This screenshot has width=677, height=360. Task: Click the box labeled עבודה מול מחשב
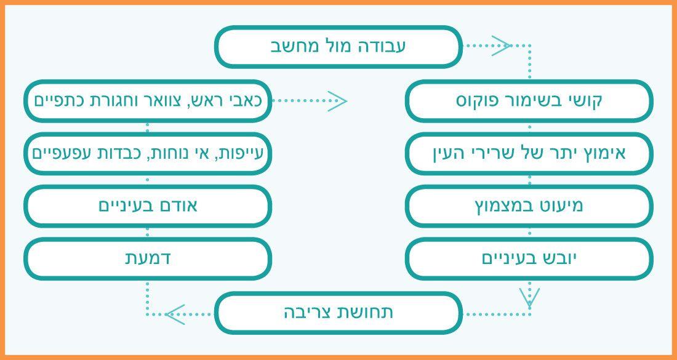pyautogui.click(x=338, y=46)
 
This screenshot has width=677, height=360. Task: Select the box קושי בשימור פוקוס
pyautogui.click(x=529, y=100)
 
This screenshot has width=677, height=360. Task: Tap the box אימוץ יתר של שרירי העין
pyautogui.click(x=529, y=153)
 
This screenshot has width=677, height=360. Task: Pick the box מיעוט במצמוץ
pyautogui.click(x=529, y=206)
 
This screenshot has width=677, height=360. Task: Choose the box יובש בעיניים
pyautogui.click(x=529, y=258)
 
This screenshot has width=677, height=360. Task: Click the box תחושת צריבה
pyautogui.click(x=338, y=313)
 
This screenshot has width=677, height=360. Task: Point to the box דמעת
pyautogui.click(x=148, y=258)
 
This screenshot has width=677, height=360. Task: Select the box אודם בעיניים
pyautogui.click(x=148, y=206)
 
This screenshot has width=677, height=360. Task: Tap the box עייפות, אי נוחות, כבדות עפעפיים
pyautogui.click(x=148, y=153)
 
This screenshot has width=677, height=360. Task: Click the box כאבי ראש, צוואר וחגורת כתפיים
pyautogui.click(x=148, y=100)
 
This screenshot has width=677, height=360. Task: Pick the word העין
pyautogui.click(x=454, y=153)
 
